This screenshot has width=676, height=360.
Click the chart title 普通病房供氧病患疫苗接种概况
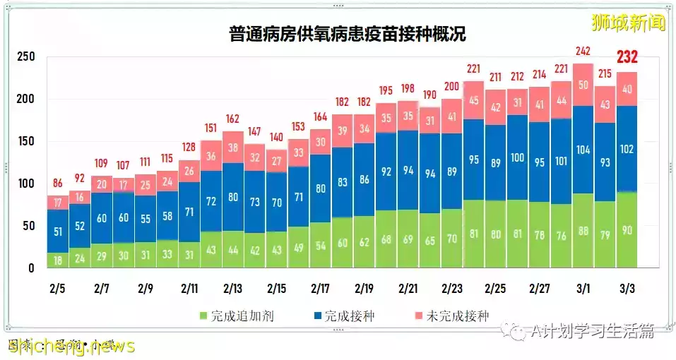[347, 34]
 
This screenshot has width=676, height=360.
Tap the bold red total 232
[628, 58]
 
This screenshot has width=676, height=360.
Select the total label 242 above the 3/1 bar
[583, 52]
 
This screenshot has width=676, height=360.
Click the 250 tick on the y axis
[26, 56]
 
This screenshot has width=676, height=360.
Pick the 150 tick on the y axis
[26, 141]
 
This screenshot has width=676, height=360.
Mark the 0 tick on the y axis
[32, 268]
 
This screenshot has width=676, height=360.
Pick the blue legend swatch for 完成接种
[317, 316]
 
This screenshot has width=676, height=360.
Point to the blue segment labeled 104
[583, 150]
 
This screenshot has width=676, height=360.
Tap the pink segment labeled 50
[583, 85]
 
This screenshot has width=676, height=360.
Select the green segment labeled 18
[58, 260]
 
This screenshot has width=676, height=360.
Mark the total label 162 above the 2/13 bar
[232, 119]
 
